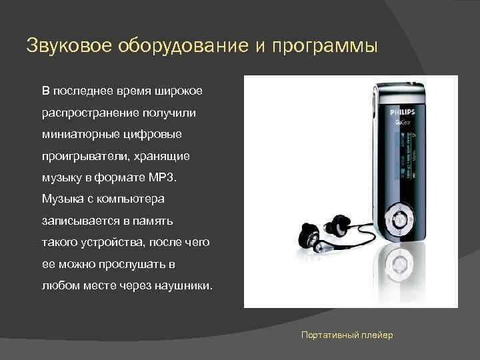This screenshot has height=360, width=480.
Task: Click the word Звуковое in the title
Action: click(69, 46)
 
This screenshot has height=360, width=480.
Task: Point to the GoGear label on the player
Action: click(403, 124)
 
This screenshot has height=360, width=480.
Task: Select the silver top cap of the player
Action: click(400, 92)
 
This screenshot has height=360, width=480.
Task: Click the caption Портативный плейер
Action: click(347, 334)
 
